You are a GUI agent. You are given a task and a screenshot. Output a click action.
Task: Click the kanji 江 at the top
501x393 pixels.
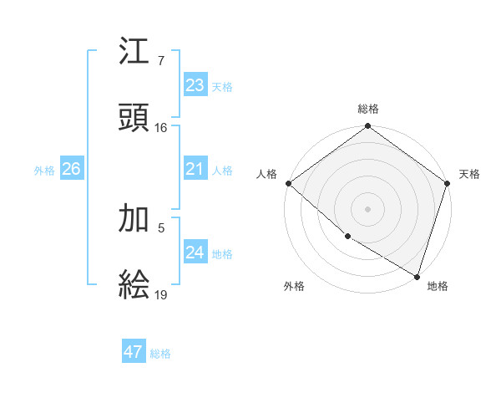pyautogui.click(x=134, y=54)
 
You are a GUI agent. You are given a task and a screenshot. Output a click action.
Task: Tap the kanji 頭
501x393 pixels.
pyautogui.click(x=134, y=118)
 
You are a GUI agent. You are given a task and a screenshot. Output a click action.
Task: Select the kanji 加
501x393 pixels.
pyautogui.click(x=134, y=219)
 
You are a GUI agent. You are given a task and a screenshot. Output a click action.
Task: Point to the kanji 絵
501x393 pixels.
pyautogui.click(x=134, y=284)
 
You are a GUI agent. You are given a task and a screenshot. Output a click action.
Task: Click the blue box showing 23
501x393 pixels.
pyautogui.click(x=195, y=85)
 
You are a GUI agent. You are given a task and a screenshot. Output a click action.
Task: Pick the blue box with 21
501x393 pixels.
pyautogui.click(x=195, y=169)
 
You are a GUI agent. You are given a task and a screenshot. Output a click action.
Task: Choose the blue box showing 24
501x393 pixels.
pyautogui.click(x=195, y=253)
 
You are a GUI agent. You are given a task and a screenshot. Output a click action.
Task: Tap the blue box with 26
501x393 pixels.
pyautogui.click(x=71, y=169)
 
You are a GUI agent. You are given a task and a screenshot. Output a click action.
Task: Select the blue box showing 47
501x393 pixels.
pyautogui.click(x=134, y=352)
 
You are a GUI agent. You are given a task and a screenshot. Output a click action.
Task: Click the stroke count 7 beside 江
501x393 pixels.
pyautogui.click(x=161, y=62)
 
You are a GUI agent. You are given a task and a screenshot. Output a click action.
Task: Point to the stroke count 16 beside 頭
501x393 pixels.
pyautogui.click(x=161, y=128)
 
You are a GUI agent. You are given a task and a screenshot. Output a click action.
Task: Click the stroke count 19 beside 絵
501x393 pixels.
pyautogui.click(x=161, y=294)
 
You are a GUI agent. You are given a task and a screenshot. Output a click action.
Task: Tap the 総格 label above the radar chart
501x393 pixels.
pyautogui.click(x=368, y=109)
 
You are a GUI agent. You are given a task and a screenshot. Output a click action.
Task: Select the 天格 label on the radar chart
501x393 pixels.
pyautogui.click(x=469, y=174)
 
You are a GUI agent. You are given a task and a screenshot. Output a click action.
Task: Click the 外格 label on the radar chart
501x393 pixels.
pyautogui.click(x=294, y=287)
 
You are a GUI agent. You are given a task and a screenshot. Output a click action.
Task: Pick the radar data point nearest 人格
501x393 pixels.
pyautogui.click(x=288, y=183)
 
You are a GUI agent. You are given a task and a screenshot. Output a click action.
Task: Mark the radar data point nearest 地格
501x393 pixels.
pyautogui.click(x=416, y=275)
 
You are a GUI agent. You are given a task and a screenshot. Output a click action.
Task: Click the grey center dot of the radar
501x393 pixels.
pyautogui.click(x=368, y=208)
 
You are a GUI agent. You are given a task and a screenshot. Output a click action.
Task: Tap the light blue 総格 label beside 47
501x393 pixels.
pyautogui.click(x=160, y=354)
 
